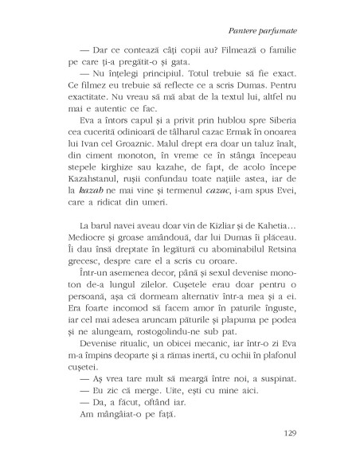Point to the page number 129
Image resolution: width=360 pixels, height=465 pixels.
pos(290,432)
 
